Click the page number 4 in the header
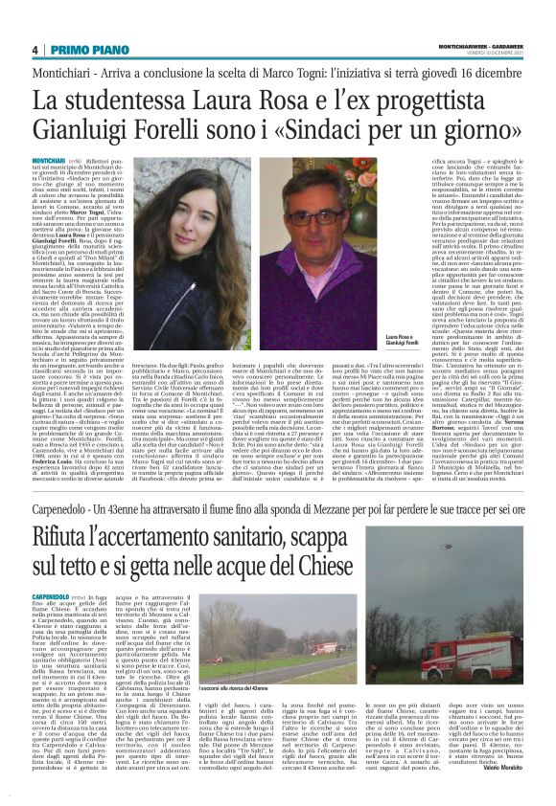point(35,50)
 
